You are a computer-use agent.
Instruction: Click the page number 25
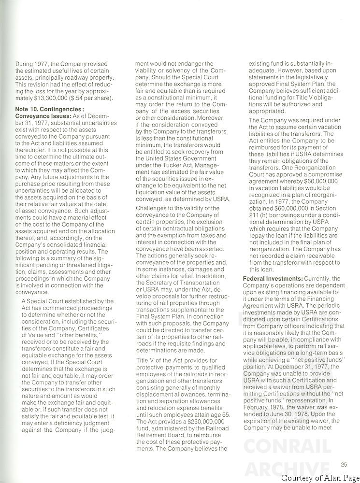click(x=344, y=465)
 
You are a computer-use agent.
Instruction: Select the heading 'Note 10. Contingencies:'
click(x=50, y=109)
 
